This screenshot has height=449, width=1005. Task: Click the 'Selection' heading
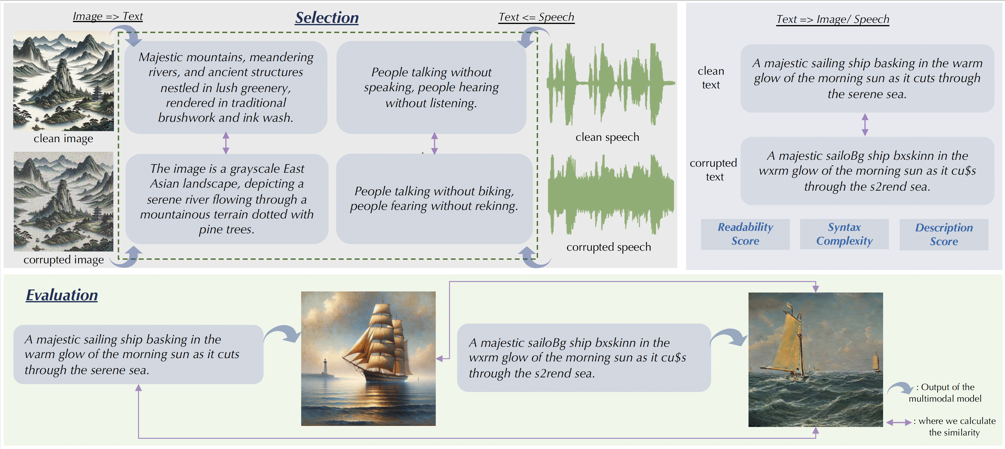click(327, 18)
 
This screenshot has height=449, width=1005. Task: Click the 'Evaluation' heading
click(62, 295)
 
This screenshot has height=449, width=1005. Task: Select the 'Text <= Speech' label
click(536, 17)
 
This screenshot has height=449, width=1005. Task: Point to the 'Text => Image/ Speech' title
click(833, 19)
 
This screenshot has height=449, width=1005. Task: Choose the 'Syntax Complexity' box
click(844, 234)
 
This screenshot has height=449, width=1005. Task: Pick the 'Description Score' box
click(944, 234)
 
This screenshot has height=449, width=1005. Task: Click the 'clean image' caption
click(63, 139)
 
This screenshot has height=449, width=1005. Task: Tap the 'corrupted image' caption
click(64, 260)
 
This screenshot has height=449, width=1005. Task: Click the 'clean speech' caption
click(607, 137)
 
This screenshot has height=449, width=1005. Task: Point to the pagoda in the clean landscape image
click(97, 94)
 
